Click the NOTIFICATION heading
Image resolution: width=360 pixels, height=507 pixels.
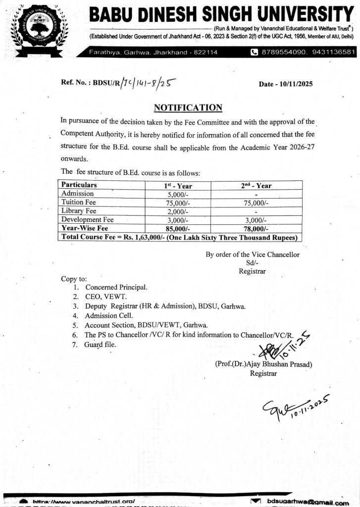coord(188,107)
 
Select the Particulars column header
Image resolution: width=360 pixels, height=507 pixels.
coord(79,185)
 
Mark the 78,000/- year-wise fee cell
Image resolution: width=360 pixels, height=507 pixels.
coord(256,228)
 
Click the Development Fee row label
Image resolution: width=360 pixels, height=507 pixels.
coord(87,219)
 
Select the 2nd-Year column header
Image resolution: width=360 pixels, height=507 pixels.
coord(256,185)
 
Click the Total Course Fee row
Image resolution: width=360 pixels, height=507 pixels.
coord(178,237)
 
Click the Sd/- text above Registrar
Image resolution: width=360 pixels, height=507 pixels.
coord(253,263)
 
